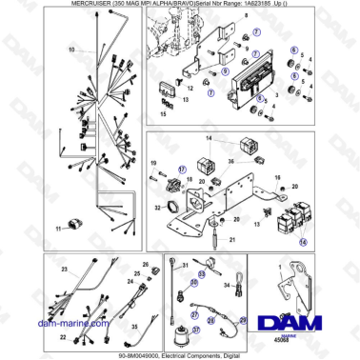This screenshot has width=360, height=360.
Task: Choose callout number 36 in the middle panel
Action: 230,163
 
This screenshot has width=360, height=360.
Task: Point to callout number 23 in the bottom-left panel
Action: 64,270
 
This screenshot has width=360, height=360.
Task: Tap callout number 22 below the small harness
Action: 63,335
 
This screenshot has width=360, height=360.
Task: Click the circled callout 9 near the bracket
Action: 225,70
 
